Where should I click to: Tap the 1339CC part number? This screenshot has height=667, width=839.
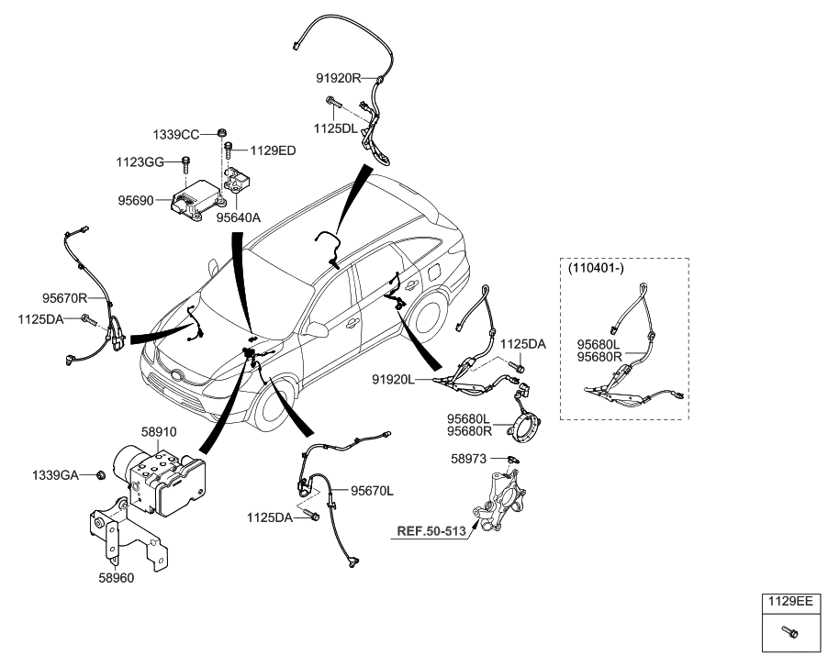[175, 135]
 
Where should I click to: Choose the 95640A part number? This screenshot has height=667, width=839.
[239, 218]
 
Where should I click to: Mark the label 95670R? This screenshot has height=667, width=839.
[64, 297]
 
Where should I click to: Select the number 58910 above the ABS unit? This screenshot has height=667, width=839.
[157, 430]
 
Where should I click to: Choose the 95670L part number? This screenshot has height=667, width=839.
[371, 491]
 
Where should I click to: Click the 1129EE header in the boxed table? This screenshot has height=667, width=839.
[791, 602]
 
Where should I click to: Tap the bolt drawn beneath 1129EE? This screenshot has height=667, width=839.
[790, 631]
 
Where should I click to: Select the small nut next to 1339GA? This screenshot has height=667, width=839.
[100, 474]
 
